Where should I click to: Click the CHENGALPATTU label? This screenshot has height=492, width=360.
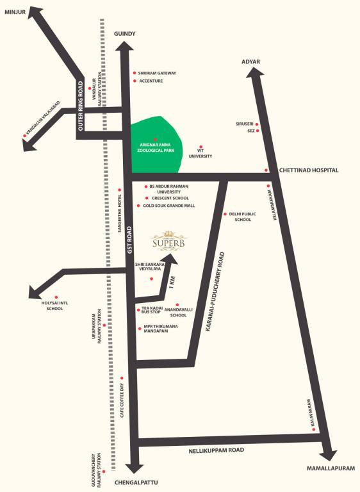(x=135, y=481)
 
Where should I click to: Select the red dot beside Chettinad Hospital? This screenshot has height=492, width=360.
(x=266, y=170)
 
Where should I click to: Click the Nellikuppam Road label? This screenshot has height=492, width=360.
(x=217, y=451)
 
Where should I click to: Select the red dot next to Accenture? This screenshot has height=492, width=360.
(x=134, y=81)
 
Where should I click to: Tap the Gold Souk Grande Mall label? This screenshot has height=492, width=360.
(x=169, y=206)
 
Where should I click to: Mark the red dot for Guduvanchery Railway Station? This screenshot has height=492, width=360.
(x=104, y=472)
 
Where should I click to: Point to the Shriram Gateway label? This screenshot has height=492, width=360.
(x=158, y=73)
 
